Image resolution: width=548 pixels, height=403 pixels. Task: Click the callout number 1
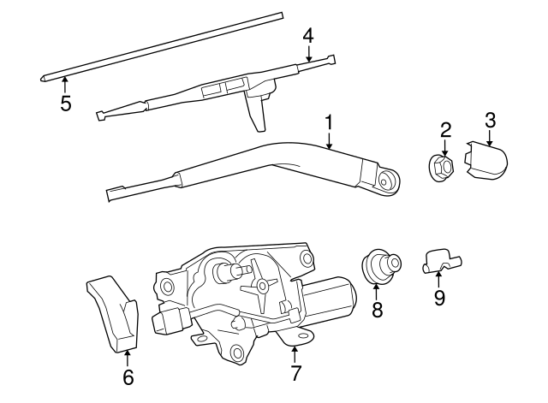point(329,123)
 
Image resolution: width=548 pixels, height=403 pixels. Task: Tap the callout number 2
point(445,131)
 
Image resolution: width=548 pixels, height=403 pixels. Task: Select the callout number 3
point(490,121)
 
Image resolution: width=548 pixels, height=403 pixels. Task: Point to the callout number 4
point(308,36)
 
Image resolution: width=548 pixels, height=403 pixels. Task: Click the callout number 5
point(66,103)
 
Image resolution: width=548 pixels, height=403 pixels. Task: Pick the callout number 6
point(128,376)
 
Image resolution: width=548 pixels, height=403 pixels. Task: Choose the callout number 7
point(295,373)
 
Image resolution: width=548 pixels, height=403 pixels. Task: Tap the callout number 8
point(377,310)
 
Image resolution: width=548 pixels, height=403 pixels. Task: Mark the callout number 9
point(439,298)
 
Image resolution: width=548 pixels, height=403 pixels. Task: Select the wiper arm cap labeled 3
point(485,159)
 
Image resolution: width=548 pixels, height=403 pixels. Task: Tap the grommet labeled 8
point(380,266)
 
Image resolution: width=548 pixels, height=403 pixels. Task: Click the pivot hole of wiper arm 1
point(384,182)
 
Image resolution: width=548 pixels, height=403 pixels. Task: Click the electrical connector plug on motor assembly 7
point(170,320)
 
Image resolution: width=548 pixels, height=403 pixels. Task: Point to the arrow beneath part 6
point(128,358)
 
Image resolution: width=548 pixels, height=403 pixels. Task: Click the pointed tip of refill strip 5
point(40,80)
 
